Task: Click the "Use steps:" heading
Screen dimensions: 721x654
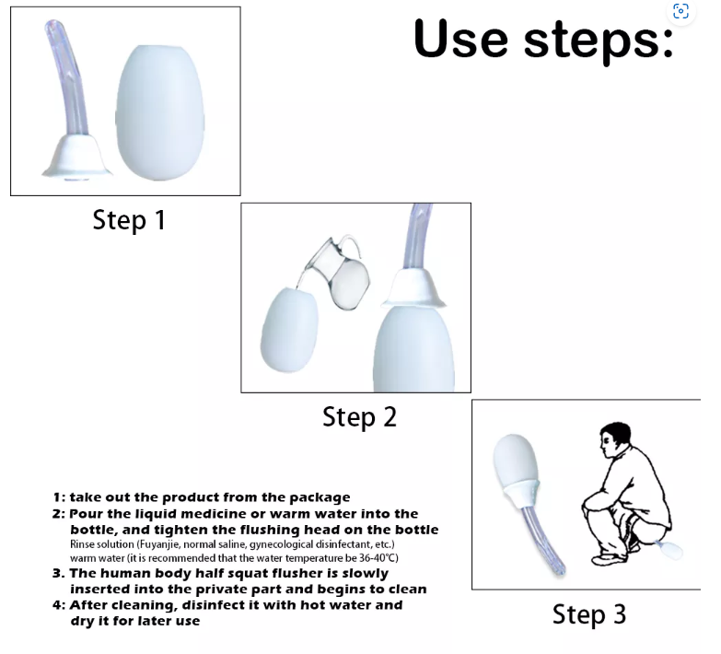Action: [544, 40]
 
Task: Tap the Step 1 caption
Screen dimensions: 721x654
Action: [129, 220]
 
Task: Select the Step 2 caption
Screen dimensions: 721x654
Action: [359, 417]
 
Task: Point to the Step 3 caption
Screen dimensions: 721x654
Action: [589, 614]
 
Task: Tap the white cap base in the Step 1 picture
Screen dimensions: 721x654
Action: [76, 157]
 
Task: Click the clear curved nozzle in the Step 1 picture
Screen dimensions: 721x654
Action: [67, 78]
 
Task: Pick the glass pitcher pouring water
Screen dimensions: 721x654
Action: [340, 274]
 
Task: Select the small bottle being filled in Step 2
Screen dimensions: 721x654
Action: [289, 330]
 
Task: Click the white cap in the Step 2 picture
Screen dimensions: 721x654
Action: [413, 289]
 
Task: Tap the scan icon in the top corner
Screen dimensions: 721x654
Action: [680, 11]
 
